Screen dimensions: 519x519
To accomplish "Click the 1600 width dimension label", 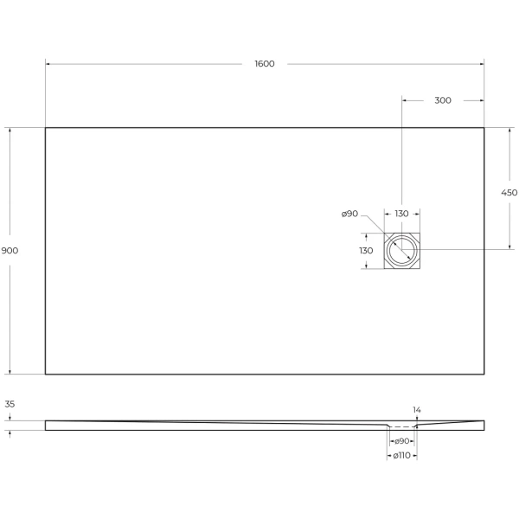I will coord(265,64).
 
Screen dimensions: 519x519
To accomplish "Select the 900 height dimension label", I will coord(10,250).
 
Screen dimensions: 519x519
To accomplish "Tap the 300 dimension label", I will coord(442,100).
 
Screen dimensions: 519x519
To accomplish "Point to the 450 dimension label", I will coord(509,193).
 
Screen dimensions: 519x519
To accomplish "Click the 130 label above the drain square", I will coord(401,214).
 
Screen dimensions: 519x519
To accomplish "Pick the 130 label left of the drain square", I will coord(365,250).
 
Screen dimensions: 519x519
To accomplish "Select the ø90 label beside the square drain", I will coord(350,214).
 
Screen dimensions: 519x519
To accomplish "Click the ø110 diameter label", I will coord(402,455).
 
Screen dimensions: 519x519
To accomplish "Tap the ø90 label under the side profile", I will coord(402,441).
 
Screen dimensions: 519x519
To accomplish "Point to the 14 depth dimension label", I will coord(417,409).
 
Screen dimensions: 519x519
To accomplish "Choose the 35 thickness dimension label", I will coord(10,404).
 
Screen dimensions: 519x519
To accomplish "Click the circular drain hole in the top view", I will coord(402,251).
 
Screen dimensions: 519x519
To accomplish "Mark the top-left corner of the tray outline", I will coord(46,128).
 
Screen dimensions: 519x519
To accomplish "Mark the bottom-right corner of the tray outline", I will coord(484,374).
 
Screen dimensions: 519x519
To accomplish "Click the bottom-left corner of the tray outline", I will coord(46,374).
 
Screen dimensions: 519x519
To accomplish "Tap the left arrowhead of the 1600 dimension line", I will coord(48,64).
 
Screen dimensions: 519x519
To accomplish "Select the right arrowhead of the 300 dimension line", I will coord(481,100).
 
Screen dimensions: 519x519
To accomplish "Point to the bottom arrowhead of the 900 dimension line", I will coord(10,371).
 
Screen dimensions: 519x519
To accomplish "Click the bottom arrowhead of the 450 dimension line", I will coord(509,247).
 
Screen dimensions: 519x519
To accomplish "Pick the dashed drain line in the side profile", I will coord(402,426).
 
